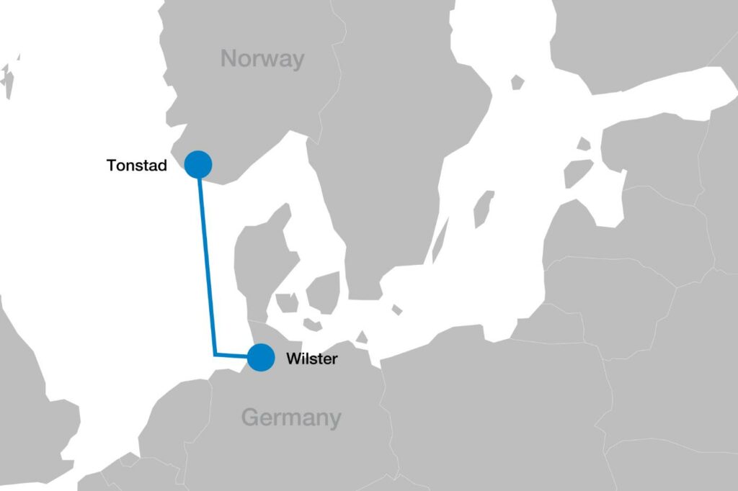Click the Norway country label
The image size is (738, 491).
(262, 58)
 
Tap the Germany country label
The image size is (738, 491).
(290, 417)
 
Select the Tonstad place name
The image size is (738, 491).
(137, 166)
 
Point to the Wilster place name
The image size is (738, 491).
(311, 359)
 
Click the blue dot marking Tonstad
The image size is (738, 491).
(198, 164)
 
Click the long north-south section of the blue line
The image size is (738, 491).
(207, 259)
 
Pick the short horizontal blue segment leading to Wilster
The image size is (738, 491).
(234, 355)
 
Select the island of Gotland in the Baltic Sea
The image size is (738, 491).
(484, 209)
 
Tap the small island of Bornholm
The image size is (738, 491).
(396, 310)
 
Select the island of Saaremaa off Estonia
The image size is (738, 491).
(577, 174)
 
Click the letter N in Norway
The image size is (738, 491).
(230, 58)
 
